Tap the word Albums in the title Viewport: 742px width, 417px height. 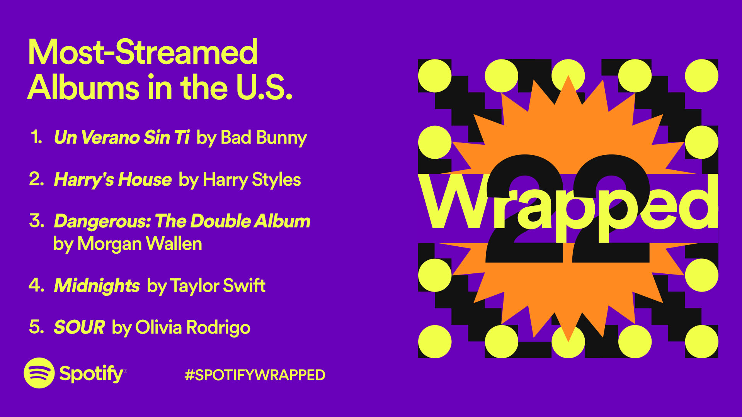[x=83, y=87]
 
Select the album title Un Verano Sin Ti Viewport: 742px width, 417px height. [x=122, y=137]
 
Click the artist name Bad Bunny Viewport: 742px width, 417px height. [x=264, y=138]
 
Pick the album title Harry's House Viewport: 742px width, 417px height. [x=113, y=180]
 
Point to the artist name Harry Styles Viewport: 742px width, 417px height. [x=252, y=180]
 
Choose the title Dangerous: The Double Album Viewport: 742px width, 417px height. [x=182, y=221]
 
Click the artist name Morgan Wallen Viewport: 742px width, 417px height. [x=140, y=244]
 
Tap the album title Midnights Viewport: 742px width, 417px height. [x=97, y=286]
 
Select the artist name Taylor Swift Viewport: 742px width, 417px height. [x=218, y=286]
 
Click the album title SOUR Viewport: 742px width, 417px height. [x=80, y=327]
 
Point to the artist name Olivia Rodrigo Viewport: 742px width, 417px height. [x=193, y=328]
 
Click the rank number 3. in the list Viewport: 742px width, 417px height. [x=37, y=221]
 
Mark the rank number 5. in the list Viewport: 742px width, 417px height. [x=37, y=327]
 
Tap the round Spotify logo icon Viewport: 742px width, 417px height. [x=39, y=373]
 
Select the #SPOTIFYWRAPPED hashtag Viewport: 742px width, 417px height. [x=255, y=375]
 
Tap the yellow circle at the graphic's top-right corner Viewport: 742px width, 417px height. [x=701, y=76]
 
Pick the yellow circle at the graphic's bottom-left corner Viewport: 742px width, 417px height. [x=435, y=342]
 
